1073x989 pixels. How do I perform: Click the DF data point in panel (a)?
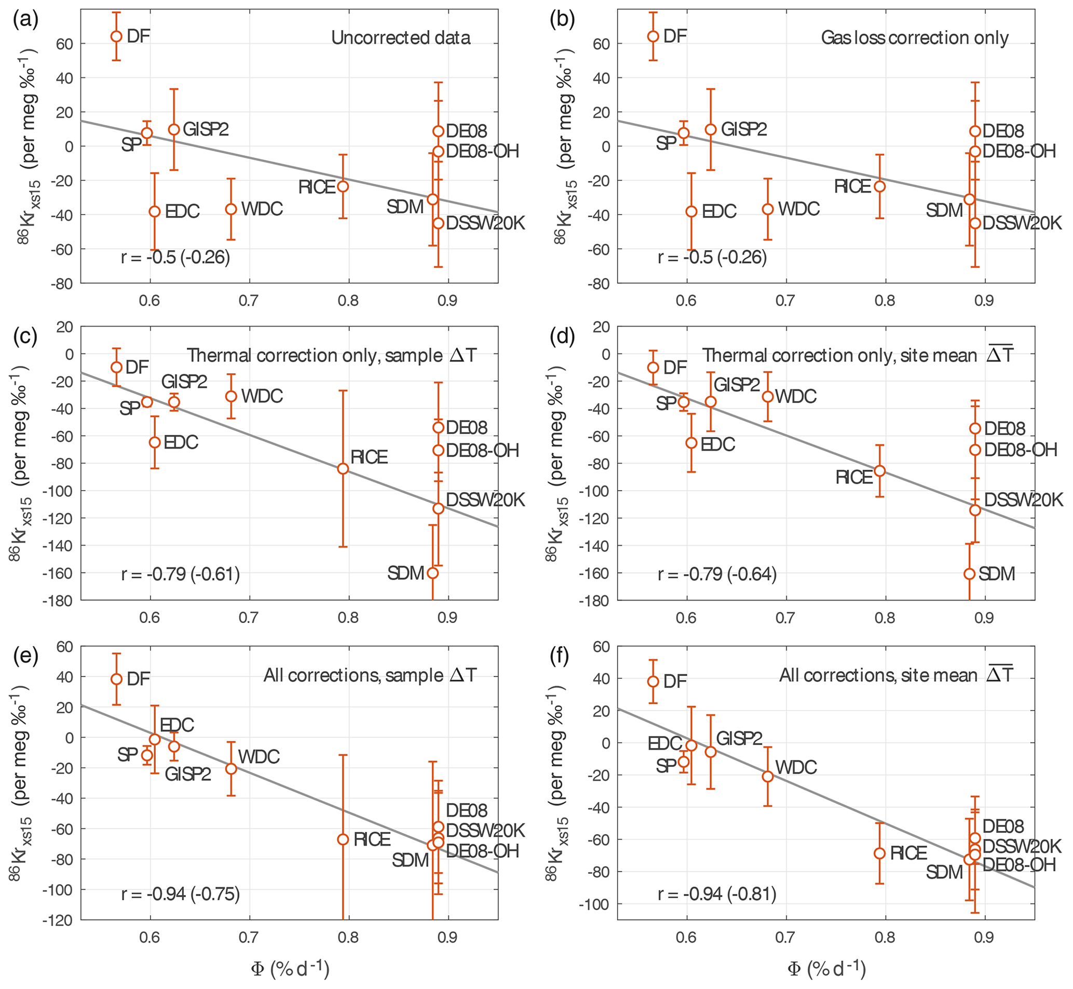[116, 36]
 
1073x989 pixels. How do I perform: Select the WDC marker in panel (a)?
[231, 209]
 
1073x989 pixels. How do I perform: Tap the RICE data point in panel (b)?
[879, 186]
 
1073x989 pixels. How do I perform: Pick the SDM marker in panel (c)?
[432, 573]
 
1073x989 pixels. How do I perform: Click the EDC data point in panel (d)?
[691, 443]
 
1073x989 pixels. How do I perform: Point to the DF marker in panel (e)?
[116, 679]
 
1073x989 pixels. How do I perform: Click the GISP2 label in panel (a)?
[206, 129]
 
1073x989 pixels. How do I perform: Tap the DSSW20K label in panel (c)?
[485, 500]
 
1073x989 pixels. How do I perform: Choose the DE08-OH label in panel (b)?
[1020, 152]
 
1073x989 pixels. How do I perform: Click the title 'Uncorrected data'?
[401, 37]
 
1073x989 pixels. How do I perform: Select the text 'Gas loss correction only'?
[915, 37]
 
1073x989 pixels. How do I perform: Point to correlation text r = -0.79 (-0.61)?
[180, 574]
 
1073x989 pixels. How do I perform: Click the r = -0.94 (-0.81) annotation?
[717, 894]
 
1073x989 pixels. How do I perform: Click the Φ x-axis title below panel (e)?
[290, 969]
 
